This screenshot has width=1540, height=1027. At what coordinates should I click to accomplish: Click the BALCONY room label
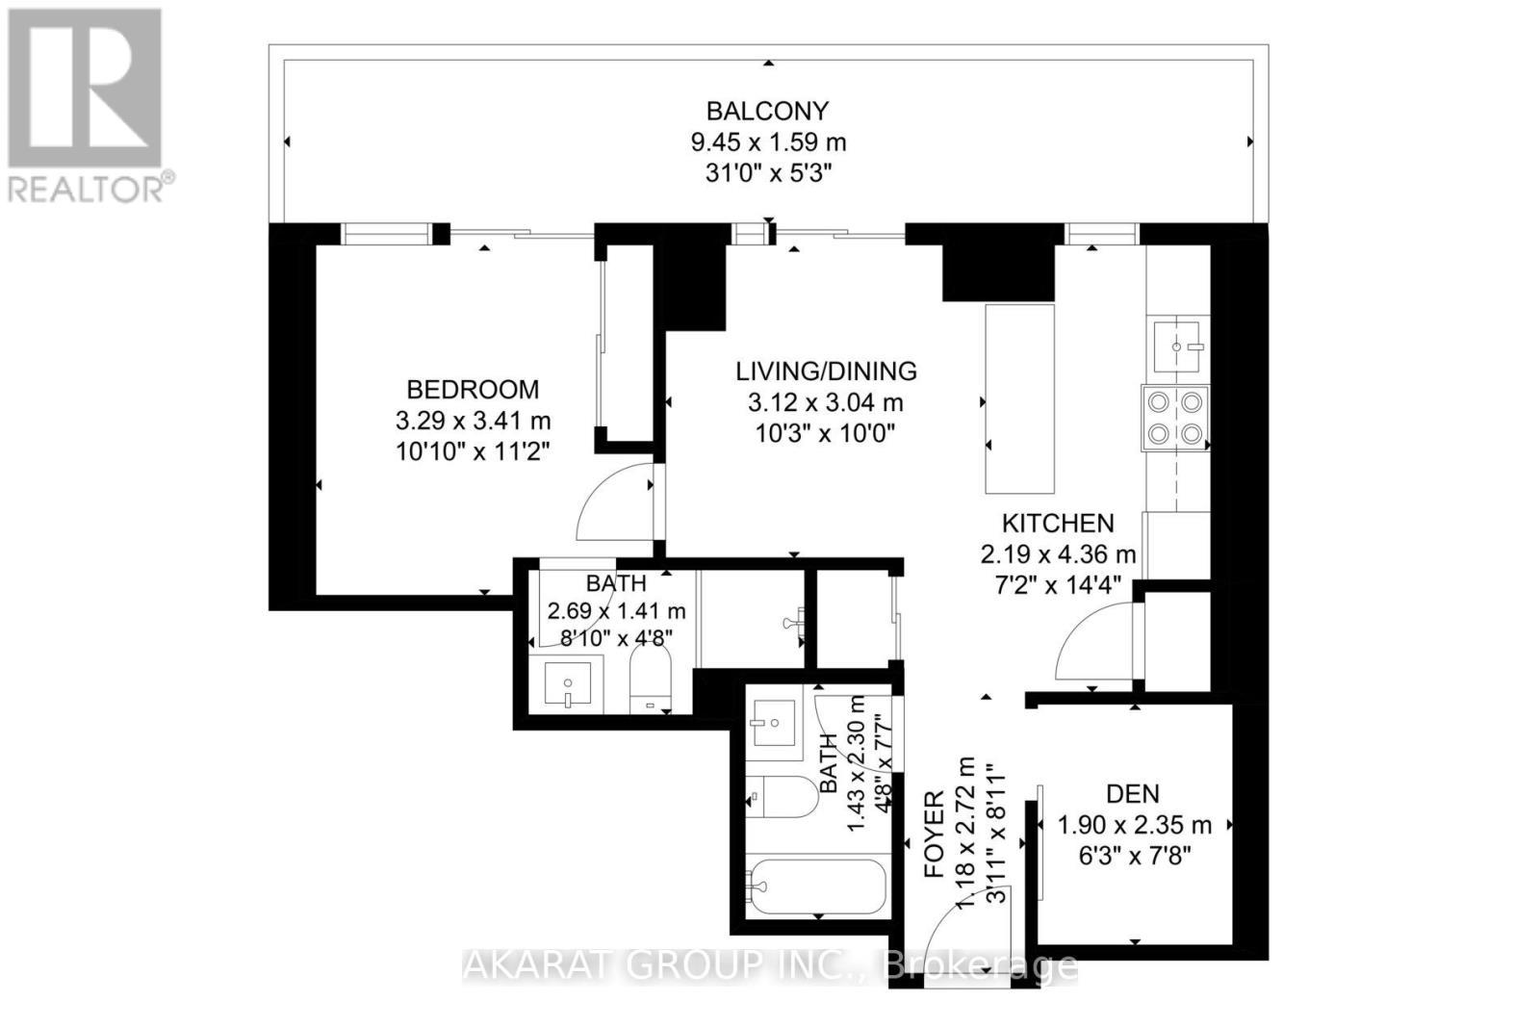tap(767, 111)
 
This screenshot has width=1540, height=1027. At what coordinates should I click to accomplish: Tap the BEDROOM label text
tap(473, 390)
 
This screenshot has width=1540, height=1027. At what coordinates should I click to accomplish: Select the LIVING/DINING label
tap(826, 371)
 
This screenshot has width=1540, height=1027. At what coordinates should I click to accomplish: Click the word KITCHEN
tap(1058, 524)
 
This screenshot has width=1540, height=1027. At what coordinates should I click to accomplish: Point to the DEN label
tap(1132, 794)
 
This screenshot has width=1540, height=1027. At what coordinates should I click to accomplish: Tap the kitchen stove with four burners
tap(1175, 417)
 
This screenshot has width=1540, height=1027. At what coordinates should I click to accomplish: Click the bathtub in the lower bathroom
tap(817, 886)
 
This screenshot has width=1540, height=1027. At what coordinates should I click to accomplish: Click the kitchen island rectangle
tap(1019, 398)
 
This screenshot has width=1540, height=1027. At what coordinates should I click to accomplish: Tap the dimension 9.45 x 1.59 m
tap(767, 143)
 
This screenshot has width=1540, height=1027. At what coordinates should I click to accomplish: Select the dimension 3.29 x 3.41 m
tap(473, 421)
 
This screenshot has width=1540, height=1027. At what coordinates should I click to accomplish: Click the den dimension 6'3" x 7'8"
tap(1132, 856)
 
